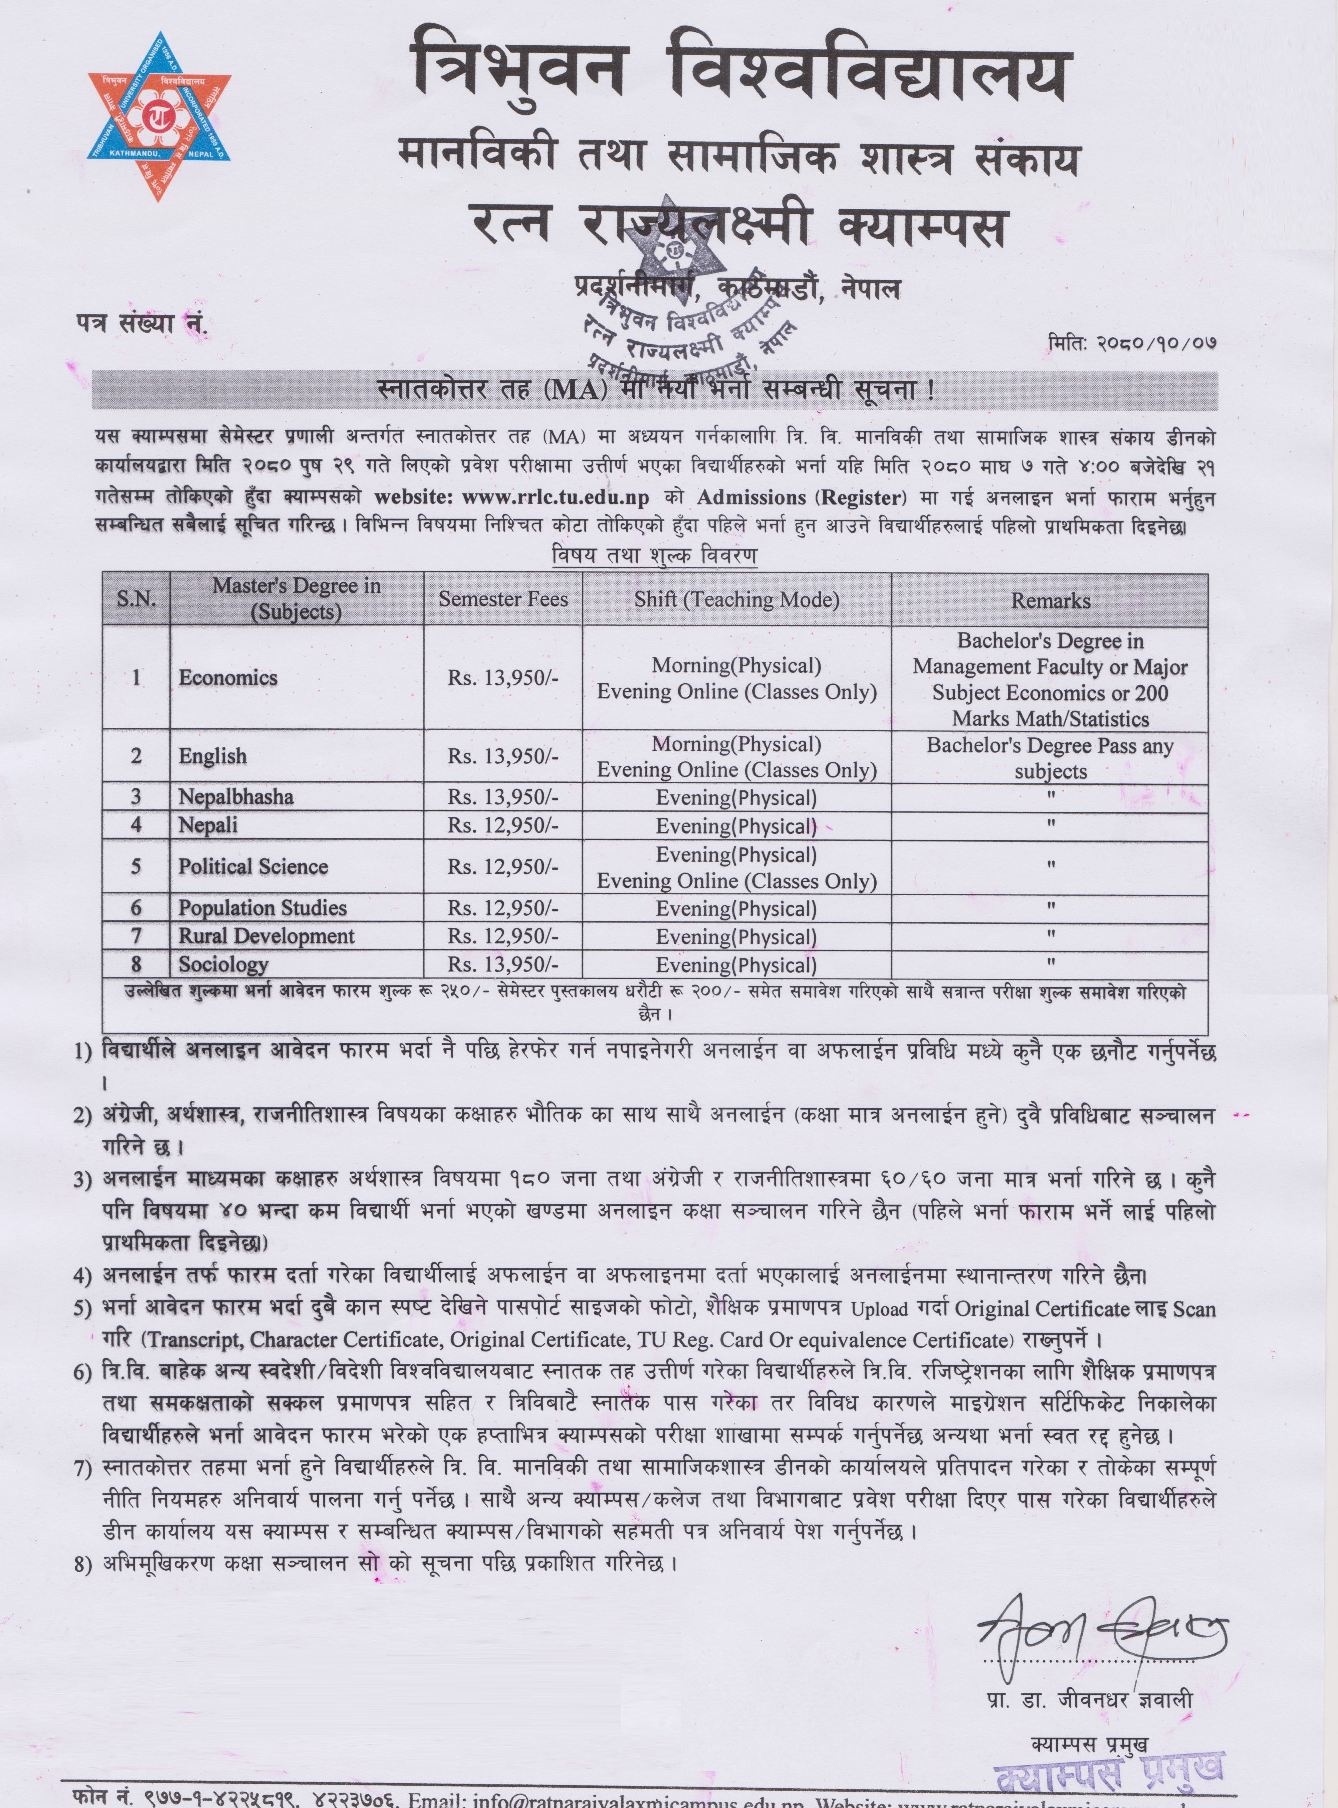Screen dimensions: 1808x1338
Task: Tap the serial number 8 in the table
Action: [x=136, y=964]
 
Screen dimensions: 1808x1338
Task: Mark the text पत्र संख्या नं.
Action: [x=143, y=324]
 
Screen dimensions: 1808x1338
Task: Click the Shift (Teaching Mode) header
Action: [x=736, y=600]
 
